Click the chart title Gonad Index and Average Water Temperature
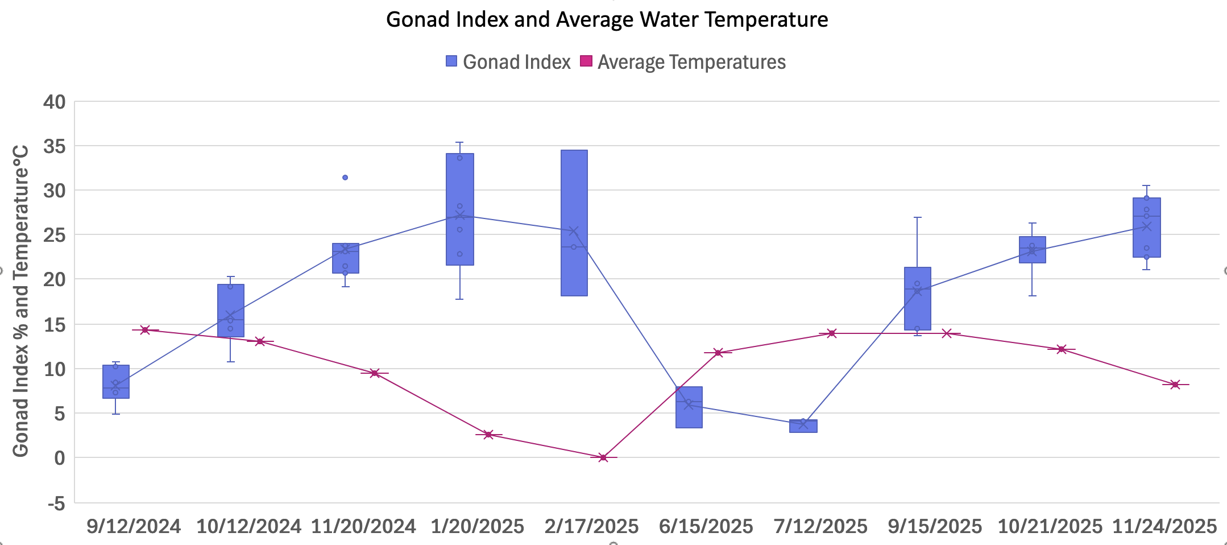607,20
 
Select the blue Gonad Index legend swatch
451,61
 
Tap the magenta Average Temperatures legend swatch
586,61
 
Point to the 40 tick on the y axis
55,102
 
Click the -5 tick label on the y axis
56,503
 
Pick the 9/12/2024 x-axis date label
134,526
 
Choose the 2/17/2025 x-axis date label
591,526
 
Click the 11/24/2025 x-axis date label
1164,526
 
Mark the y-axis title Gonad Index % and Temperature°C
21,300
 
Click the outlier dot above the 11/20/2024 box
345,177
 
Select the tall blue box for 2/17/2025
574,223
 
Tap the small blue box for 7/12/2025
803,426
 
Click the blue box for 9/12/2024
116,382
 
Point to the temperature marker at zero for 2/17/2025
603,457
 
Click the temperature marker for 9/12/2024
145,330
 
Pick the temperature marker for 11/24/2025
1175,385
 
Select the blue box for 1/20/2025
460,209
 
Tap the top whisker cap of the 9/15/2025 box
918,217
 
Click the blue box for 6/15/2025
689,407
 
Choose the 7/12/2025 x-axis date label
820,526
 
